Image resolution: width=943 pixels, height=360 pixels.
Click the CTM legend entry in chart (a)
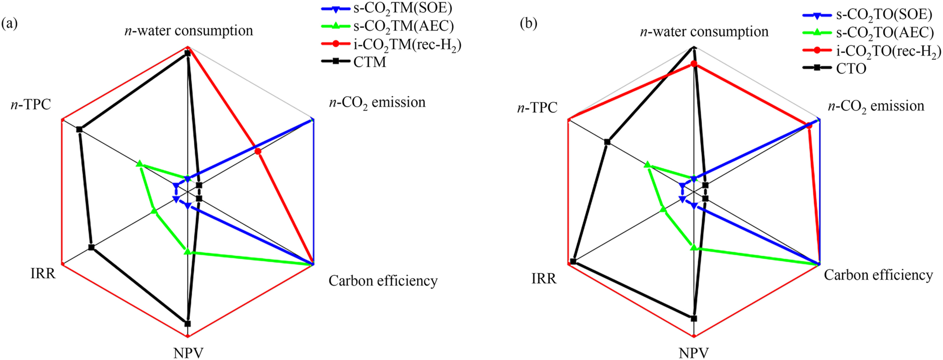tap(369, 62)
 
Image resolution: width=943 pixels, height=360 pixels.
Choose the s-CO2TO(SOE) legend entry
tap(884, 15)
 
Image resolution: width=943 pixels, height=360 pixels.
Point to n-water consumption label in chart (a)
tap(188, 31)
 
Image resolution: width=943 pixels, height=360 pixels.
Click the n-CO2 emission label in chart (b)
tap(876, 106)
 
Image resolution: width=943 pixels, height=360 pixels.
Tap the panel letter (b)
tap(529, 23)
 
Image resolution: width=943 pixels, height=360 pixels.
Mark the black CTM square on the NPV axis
tap(187, 323)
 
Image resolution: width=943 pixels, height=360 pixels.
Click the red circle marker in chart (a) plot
tap(258, 151)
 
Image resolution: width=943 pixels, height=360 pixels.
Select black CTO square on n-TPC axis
tap(607, 142)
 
